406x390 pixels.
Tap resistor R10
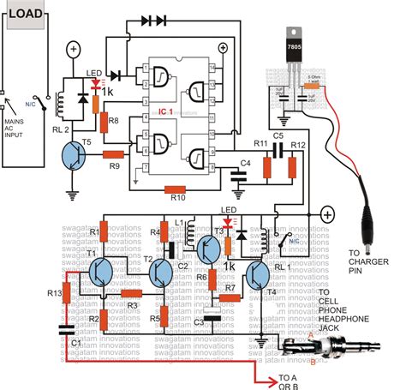(178, 190)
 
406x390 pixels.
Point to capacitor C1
(67, 330)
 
